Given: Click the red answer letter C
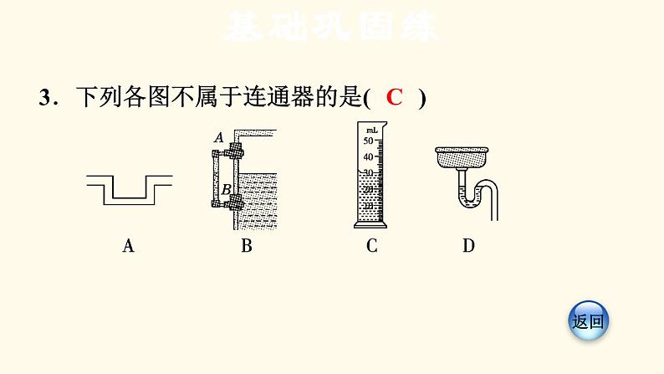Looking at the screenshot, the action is click(x=395, y=97).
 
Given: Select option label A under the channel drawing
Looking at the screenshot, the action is click(x=128, y=245).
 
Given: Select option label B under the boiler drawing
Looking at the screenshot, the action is click(x=246, y=245).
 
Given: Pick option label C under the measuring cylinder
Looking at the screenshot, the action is click(x=371, y=245).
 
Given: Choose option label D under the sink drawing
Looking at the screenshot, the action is click(x=468, y=245).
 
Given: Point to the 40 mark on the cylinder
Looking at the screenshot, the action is click(x=366, y=156).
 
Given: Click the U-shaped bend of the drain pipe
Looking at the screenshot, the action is click(x=469, y=199).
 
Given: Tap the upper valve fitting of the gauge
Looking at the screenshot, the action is click(x=235, y=151).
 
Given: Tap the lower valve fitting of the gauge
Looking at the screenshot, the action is click(x=235, y=201).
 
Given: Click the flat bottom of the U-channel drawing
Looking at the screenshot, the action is click(x=130, y=201).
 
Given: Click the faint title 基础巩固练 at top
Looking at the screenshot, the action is click(x=331, y=28).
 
